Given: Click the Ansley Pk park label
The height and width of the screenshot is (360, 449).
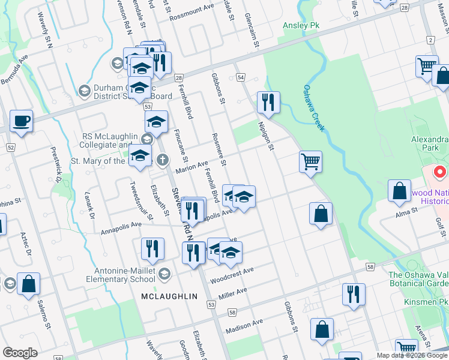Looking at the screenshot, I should (301, 26).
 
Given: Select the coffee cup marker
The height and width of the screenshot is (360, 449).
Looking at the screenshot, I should (21, 121).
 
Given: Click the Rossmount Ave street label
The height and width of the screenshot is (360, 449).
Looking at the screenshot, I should (191, 13).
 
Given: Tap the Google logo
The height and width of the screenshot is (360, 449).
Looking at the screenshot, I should (20, 352).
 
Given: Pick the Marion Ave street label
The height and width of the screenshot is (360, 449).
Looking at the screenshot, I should (191, 166).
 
